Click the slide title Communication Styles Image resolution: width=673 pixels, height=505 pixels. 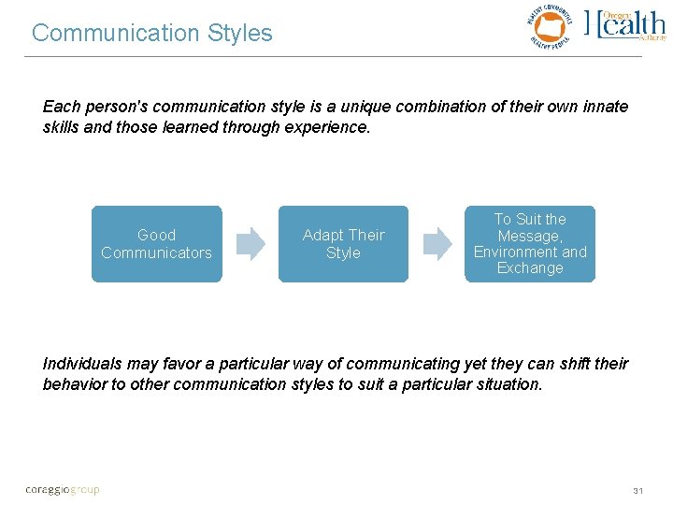[152, 34]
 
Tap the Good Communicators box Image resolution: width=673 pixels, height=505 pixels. [156, 244]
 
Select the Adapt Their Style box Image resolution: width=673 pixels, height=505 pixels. [343, 244]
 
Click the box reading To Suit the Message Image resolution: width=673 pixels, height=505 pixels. [530, 244]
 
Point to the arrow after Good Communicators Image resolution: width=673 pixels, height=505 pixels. [250, 244]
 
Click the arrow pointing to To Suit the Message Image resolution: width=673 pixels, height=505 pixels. [437, 244]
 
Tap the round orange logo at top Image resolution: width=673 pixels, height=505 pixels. [549, 27]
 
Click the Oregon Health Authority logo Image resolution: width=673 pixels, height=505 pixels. [625, 25]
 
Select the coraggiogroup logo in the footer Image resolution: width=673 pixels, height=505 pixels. [62, 489]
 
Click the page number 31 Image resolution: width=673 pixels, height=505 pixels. [639, 490]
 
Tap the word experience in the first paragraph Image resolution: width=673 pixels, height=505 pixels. [327, 128]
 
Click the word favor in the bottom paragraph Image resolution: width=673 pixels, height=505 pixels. [188, 363]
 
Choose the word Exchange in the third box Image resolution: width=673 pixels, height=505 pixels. [530, 268]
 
